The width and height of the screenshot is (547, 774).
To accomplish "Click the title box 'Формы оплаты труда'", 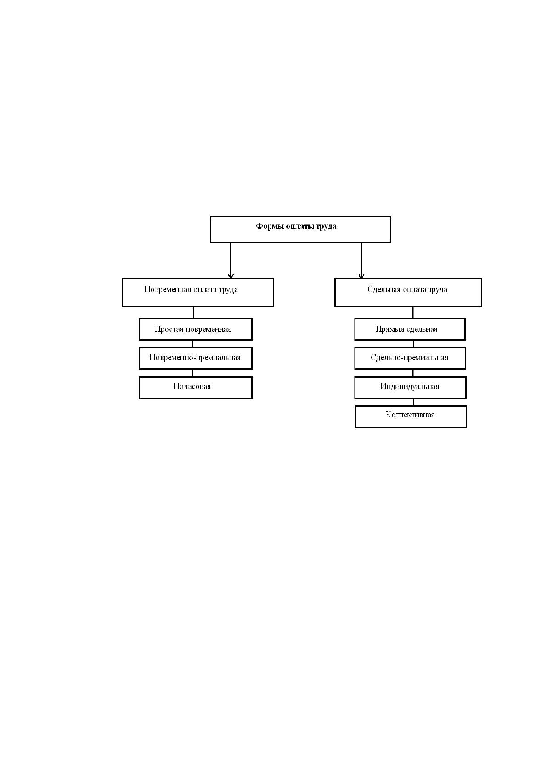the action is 300,229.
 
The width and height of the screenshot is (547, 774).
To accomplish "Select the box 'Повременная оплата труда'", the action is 198,292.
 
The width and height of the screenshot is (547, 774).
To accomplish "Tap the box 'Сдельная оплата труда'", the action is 408,292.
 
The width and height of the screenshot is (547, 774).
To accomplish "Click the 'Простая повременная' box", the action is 196,329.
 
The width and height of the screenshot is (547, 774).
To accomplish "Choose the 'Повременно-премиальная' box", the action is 196,359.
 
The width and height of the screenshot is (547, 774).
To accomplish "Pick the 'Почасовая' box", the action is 196,388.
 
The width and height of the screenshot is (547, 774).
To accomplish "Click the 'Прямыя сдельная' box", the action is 410,329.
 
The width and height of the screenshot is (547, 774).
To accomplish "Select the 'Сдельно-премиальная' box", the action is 410,359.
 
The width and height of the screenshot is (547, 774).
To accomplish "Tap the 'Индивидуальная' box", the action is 410,388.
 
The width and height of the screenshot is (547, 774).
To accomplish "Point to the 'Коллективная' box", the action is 411,417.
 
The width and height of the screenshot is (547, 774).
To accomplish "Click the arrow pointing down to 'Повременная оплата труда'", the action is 231,260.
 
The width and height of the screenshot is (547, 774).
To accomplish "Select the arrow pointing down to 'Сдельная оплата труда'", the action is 361,260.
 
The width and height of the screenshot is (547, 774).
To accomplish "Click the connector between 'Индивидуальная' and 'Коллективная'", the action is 413,403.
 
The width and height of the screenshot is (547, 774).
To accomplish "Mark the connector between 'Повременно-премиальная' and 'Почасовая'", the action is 192,373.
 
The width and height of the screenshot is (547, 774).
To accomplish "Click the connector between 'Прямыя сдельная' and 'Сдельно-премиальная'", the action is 413,344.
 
